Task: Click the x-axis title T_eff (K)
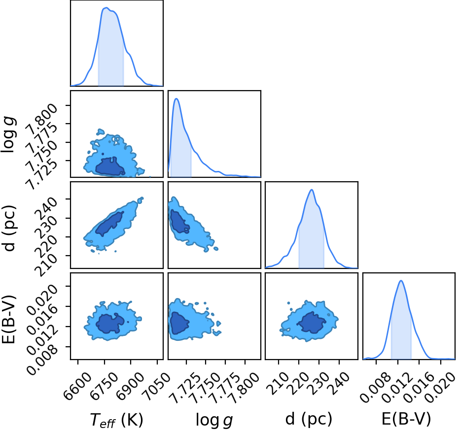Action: click(x=116, y=420)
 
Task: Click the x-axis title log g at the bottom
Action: click(x=214, y=420)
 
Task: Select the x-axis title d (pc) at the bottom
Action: click(x=309, y=419)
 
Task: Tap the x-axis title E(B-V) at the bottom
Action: click(x=406, y=419)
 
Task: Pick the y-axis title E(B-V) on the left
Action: click(x=8, y=320)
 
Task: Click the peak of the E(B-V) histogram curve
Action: click(x=401, y=281)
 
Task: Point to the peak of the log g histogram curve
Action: click(x=176, y=99)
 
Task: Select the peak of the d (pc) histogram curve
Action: click(x=312, y=190)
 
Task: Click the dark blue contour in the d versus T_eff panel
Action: click(x=109, y=224)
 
